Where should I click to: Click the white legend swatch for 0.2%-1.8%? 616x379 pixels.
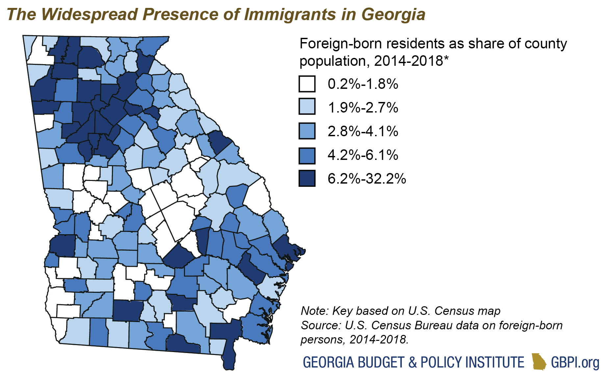click(x=307, y=84)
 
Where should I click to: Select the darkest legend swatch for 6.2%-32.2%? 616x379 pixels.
click(x=307, y=178)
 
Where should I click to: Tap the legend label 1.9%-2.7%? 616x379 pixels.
click(x=363, y=108)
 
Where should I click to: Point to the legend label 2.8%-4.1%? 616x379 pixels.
click(x=363, y=131)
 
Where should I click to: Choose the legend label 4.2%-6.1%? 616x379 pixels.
click(x=363, y=155)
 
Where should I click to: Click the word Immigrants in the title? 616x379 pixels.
click(x=290, y=14)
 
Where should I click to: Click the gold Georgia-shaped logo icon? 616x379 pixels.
click(x=538, y=362)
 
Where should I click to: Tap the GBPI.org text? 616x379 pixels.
click(x=575, y=362)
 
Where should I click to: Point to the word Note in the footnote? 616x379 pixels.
click(x=314, y=311)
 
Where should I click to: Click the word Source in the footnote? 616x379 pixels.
click(x=321, y=325)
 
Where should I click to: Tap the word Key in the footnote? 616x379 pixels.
click(x=342, y=311)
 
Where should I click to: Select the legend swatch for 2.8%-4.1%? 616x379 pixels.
click(x=307, y=131)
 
